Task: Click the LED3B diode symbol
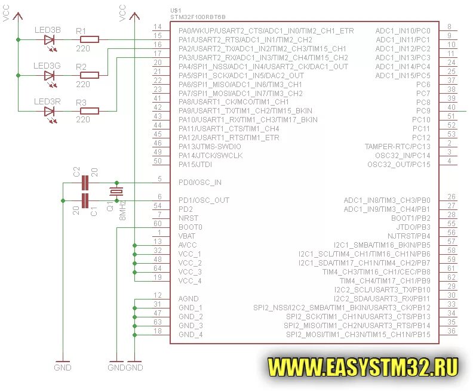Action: [50, 40]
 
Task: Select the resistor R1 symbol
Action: [90, 40]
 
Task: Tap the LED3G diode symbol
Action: [50, 75]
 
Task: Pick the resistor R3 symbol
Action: [90, 110]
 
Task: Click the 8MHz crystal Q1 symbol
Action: [116, 192]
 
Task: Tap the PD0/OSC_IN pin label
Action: [200, 183]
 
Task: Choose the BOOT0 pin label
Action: [191, 227]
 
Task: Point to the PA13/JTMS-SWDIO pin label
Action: [210, 146]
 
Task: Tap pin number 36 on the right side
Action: [451, 331]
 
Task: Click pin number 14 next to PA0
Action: [158, 27]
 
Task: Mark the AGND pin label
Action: [188, 298]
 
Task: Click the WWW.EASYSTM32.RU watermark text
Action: [363, 365]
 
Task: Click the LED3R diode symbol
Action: [50, 110]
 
